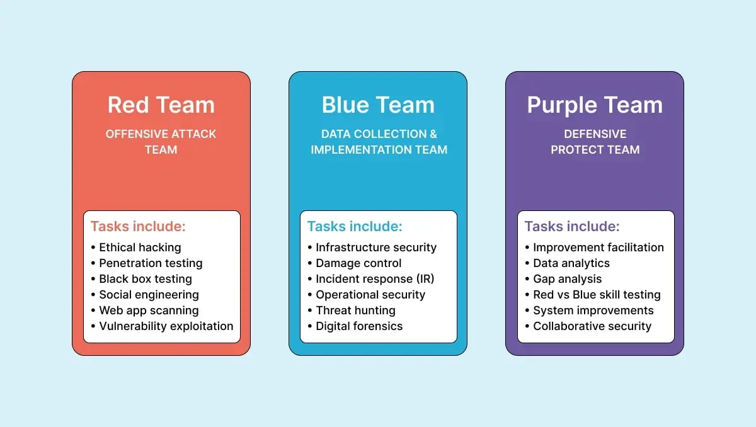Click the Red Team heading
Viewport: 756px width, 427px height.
161,105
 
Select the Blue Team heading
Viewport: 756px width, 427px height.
378,105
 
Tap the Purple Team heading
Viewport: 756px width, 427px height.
595,105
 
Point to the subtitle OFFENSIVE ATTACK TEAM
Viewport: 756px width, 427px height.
161,142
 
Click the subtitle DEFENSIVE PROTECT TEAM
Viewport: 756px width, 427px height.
595,142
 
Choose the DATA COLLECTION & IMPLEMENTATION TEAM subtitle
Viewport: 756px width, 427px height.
379,142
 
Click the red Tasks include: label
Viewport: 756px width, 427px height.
138,227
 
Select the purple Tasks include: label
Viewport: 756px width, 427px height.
572,227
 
